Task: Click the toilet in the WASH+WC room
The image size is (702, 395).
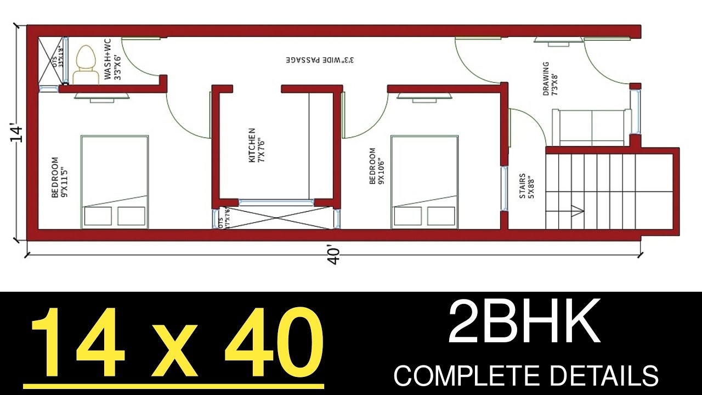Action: tap(84, 65)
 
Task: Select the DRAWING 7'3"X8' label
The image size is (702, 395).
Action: tap(549, 78)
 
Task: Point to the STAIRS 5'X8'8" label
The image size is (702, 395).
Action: tap(526, 186)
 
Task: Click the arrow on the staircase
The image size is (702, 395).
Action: tap(576, 209)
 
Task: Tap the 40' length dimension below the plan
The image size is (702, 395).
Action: tap(334, 256)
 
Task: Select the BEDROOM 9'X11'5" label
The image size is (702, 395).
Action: tap(58, 178)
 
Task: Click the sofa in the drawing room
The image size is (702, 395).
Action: tap(591, 127)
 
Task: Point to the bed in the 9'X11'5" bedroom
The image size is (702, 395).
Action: tap(115, 182)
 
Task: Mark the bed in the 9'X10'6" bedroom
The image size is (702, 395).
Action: tap(424, 182)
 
